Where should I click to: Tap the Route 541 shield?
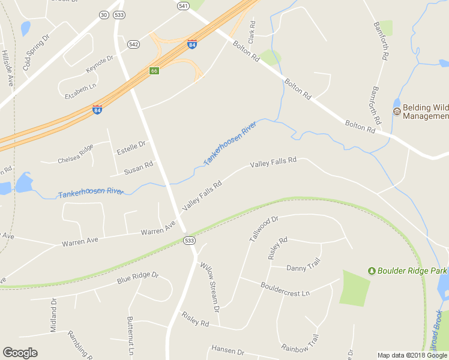[x=183, y=5]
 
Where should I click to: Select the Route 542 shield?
[x=133, y=44]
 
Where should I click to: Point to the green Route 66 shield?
[x=154, y=71]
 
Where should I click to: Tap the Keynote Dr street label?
[x=100, y=64]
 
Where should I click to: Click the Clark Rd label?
[x=253, y=32]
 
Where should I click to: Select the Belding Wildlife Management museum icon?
[x=396, y=112]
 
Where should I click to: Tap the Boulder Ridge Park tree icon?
[x=372, y=271]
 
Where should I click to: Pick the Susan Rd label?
[x=138, y=167]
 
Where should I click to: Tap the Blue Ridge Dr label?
[x=137, y=278]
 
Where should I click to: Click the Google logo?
[x=20, y=353]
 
